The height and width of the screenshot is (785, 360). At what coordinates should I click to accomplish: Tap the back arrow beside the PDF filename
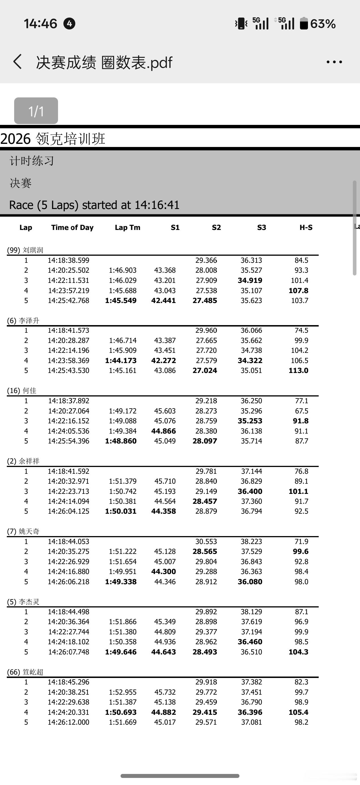pos(18,62)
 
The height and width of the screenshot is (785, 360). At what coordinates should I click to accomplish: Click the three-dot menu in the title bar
pos(334,62)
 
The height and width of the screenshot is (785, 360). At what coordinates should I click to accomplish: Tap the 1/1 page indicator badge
pos(36,111)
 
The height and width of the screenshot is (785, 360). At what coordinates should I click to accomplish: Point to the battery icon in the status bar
pos(304,24)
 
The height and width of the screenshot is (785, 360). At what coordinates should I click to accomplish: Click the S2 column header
pos(216,227)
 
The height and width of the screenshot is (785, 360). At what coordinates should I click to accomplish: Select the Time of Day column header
pos(72,227)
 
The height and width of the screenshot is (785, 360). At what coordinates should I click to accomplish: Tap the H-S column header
pos(306,227)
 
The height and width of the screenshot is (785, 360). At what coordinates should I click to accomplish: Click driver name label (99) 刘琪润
pos(25,250)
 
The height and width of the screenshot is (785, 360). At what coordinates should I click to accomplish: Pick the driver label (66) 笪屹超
pos(25,672)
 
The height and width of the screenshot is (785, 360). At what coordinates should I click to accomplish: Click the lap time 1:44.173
pos(121,360)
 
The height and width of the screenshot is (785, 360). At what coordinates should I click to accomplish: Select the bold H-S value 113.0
pos(298,371)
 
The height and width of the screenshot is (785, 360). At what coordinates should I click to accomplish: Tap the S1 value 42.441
pos(163,300)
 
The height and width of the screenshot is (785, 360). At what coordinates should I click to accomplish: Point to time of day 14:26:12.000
pos(68,722)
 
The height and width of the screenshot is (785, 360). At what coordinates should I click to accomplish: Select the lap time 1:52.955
pos(123,692)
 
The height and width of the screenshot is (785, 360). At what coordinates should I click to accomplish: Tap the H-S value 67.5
pos(301,411)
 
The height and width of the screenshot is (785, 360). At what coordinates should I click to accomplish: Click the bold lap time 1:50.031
pos(121,511)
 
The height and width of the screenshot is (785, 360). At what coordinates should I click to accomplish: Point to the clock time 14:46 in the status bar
pos(40,24)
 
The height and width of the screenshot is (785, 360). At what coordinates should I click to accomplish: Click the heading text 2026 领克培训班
pos(53,139)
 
